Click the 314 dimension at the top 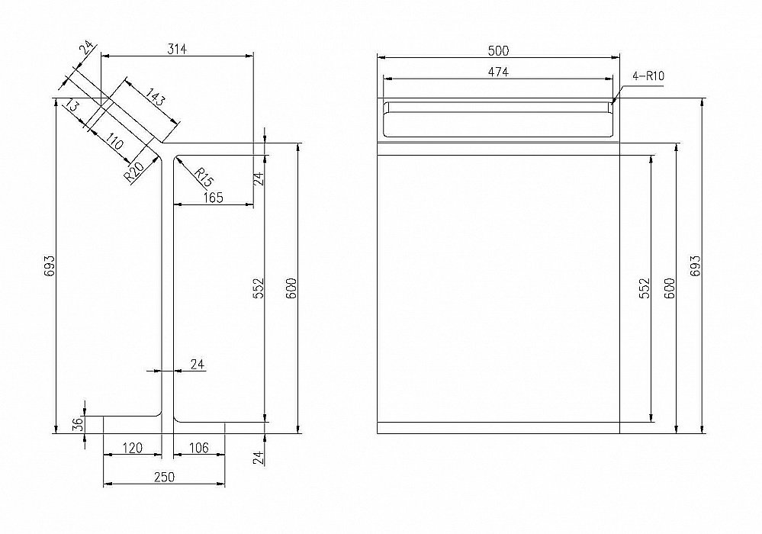click(x=177, y=49)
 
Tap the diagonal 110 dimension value click(x=114, y=142)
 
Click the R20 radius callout click(x=133, y=172)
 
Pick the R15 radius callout click(x=204, y=177)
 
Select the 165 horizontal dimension click(x=213, y=198)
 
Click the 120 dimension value click(x=132, y=448)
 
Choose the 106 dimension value click(x=198, y=448)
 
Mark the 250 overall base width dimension click(x=164, y=477)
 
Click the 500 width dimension click(x=498, y=50)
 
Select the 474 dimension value click(x=498, y=72)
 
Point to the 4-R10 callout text click(x=648, y=76)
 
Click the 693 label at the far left click(x=49, y=266)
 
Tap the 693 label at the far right click(x=696, y=266)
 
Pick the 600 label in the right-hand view click(x=669, y=288)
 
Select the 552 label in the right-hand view click(x=644, y=288)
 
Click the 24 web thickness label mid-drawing click(x=198, y=364)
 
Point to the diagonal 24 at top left click(x=86, y=47)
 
